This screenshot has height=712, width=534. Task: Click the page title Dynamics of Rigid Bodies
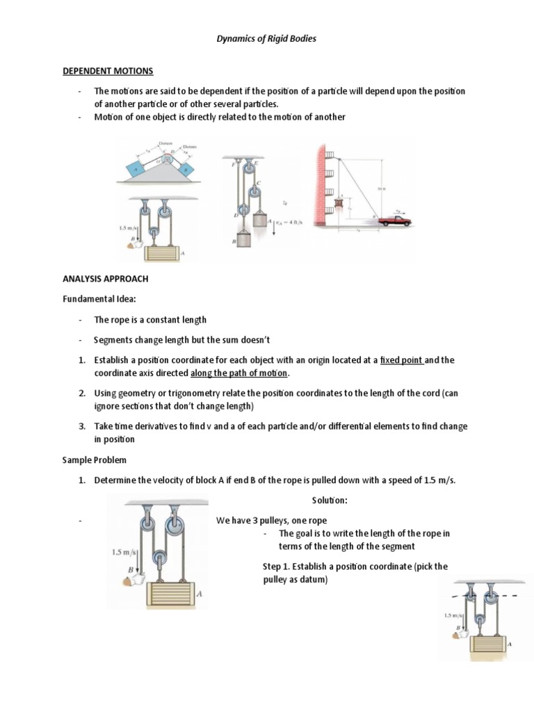(267, 39)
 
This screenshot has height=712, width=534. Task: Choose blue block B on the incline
(186, 168)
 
